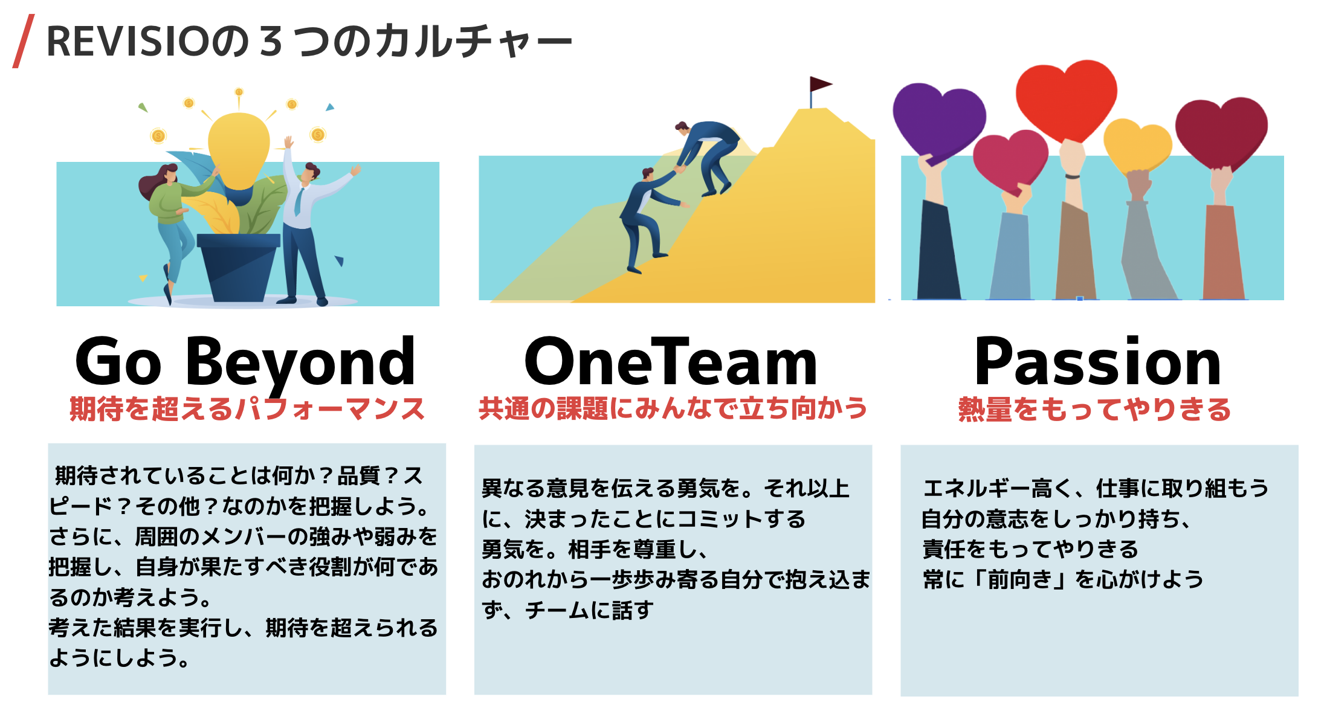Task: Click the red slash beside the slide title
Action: point(24,41)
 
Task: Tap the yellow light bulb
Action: point(238,150)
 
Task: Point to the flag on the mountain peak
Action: point(820,85)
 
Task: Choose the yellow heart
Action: point(1137,146)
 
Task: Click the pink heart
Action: point(1010,161)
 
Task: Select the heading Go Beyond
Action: point(245,362)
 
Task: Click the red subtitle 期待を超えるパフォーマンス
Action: point(247,409)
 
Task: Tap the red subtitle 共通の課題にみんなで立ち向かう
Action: point(673,408)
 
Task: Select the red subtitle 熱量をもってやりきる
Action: point(1095,410)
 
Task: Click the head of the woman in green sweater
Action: point(167,175)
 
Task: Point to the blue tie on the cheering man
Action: point(299,202)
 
